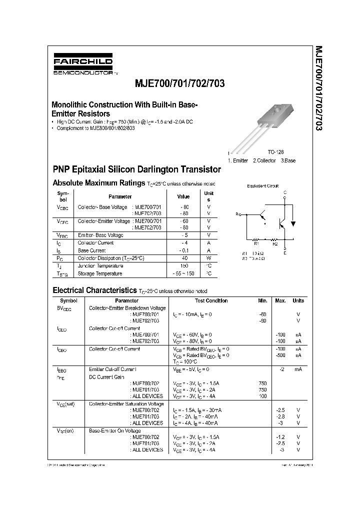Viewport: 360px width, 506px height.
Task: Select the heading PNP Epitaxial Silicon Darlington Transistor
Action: [x=136, y=169]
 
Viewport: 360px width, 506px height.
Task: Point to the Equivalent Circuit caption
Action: [x=263, y=185]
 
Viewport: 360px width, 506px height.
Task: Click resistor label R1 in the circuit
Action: [x=255, y=244]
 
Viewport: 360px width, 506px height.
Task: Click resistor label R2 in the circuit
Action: [x=274, y=244]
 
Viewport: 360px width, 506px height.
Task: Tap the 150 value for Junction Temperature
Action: [x=184, y=266]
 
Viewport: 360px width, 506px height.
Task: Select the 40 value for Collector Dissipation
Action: [x=184, y=258]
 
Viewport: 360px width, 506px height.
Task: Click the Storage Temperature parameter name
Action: [x=100, y=273]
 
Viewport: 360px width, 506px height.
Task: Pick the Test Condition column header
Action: [x=211, y=300]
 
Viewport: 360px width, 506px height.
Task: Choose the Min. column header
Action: [x=263, y=300]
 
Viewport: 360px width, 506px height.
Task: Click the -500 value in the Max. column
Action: [x=280, y=355]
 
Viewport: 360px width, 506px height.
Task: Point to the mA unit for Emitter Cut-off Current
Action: [x=298, y=369]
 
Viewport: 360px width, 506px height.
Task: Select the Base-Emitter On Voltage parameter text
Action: [x=115, y=430]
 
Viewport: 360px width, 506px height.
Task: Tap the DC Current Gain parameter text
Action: [x=106, y=377]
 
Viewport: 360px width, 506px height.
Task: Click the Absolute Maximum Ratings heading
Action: [x=98, y=183]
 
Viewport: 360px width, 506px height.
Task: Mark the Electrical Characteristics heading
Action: [x=94, y=290]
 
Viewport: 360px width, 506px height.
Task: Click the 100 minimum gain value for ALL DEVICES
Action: [x=263, y=396]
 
